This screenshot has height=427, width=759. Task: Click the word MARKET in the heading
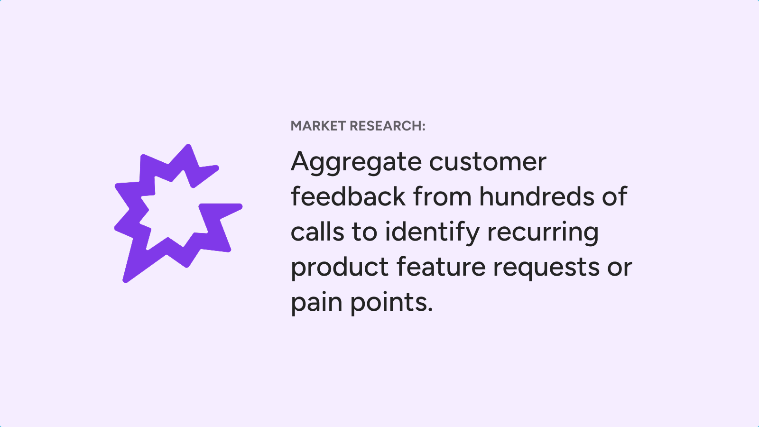click(x=318, y=126)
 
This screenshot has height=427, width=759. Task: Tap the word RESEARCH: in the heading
click(x=387, y=126)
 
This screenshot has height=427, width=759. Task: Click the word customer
click(x=488, y=162)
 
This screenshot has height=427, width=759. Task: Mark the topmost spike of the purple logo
click(x=188, y=147)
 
